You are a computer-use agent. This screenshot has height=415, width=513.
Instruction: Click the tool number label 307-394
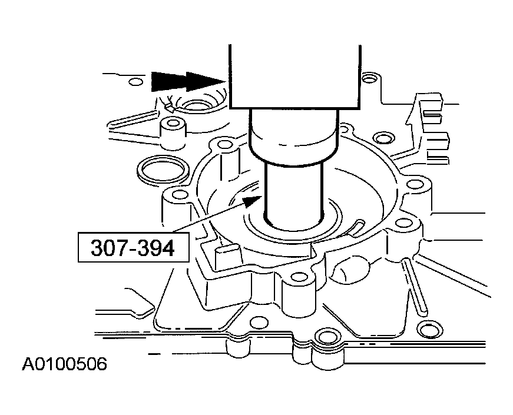tap(133, 248)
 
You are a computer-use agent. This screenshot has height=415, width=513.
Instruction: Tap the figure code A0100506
tap(65, 364)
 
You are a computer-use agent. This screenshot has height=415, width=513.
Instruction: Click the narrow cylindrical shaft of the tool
tap(294, 191)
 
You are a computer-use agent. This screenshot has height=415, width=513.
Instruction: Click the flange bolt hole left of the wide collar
tap(223, 144)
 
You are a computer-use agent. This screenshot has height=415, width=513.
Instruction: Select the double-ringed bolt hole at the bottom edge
tap(323, 337)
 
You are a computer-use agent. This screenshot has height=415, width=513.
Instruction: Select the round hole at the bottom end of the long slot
tap(422, 324)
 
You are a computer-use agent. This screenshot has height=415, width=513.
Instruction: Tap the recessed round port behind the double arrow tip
tap(197, 107)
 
